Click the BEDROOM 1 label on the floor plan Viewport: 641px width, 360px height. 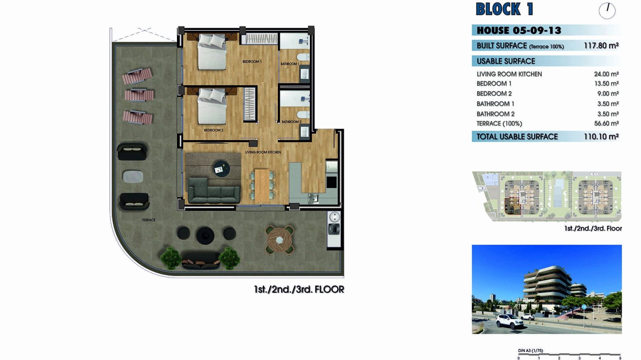tap(252, 61)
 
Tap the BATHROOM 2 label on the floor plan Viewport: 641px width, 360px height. tap(291, 122)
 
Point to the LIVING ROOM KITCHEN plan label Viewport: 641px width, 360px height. tap(263, 152)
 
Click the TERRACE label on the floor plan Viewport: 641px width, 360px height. tap(149, 220)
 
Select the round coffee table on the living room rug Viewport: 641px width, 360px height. tap(222, 168)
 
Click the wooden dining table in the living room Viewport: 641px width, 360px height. tap(262, 185)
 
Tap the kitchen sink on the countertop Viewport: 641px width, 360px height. tap(313, 198)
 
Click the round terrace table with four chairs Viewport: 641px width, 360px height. tap(279, 240)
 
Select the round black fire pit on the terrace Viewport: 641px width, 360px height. tap(206, 236)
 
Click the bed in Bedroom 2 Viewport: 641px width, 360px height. tap(212, 106)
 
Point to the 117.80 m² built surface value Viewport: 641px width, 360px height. tap(601, 45)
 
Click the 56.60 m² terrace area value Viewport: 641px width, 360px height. tap(606, 123)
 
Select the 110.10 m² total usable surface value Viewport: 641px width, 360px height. tap(601, 137)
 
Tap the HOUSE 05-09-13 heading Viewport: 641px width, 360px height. tap(519, 30)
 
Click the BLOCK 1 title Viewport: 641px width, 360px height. tap(505, 9)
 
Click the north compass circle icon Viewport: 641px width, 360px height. tap(607, 11)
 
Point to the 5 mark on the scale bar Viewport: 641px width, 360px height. tap(620, 358)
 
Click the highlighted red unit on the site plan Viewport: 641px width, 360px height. tap(512, 206)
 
